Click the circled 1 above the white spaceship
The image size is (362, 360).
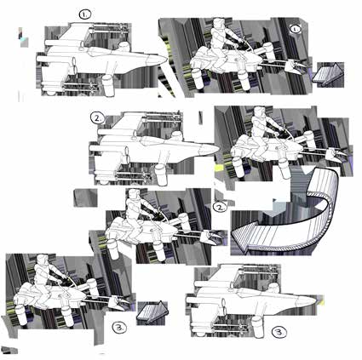coord(85,14)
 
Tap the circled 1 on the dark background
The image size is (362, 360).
coord(296,29)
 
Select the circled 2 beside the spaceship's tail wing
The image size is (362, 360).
coord(98,118)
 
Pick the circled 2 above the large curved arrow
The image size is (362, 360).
coord(221,207)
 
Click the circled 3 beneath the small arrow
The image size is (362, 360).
coord(119,328)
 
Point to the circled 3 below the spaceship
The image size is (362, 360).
coord(279,332)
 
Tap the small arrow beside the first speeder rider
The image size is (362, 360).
coord(328,73)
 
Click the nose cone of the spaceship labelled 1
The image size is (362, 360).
coord(157,60)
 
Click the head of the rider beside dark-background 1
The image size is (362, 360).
coord(219,24)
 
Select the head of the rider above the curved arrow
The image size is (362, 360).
coord(258,111)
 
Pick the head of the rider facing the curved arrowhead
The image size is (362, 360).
coord(133,195)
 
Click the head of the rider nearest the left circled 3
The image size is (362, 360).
coord(42,260)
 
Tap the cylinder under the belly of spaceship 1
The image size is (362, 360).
coord(108,85)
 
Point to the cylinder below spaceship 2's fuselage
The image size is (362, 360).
coord(160,174)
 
